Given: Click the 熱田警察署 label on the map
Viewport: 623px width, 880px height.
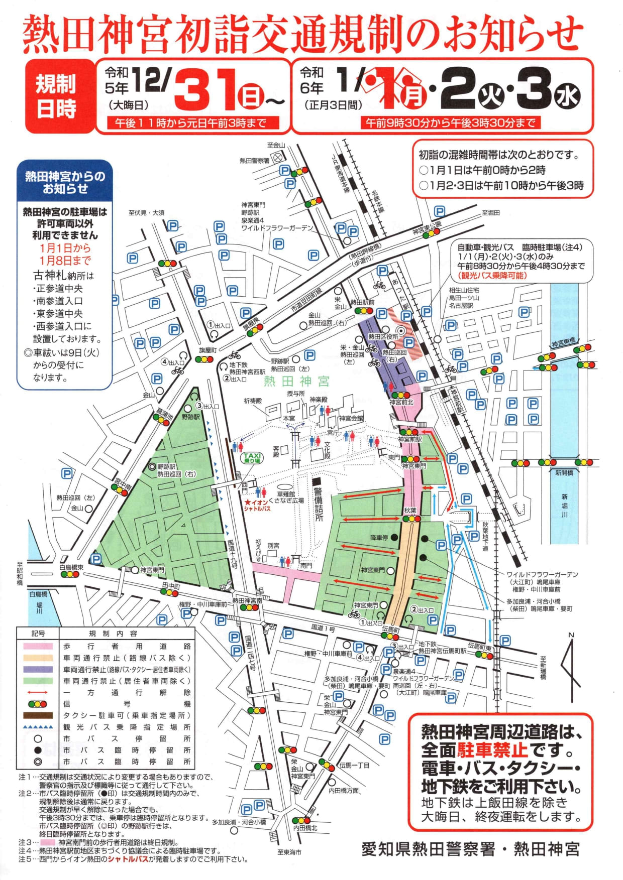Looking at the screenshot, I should click(255, 161).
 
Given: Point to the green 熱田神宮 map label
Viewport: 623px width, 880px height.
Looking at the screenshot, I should click(296, 382).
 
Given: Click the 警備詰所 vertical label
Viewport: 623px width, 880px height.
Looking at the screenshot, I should click(318, 504).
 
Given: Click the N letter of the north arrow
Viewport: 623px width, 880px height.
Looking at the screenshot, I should click(571, 636).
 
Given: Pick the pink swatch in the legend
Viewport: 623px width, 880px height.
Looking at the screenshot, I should click(38, 647).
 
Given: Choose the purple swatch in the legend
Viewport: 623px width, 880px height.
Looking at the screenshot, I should click(38, 670).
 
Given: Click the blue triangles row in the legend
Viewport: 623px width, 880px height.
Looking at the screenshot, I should click(38, 727).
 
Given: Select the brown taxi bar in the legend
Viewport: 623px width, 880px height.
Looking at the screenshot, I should click(38, 715).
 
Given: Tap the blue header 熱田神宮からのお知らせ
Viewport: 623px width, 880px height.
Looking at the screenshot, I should click(65, 182).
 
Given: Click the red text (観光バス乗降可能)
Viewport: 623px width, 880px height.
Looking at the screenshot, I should click(492, 276).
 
